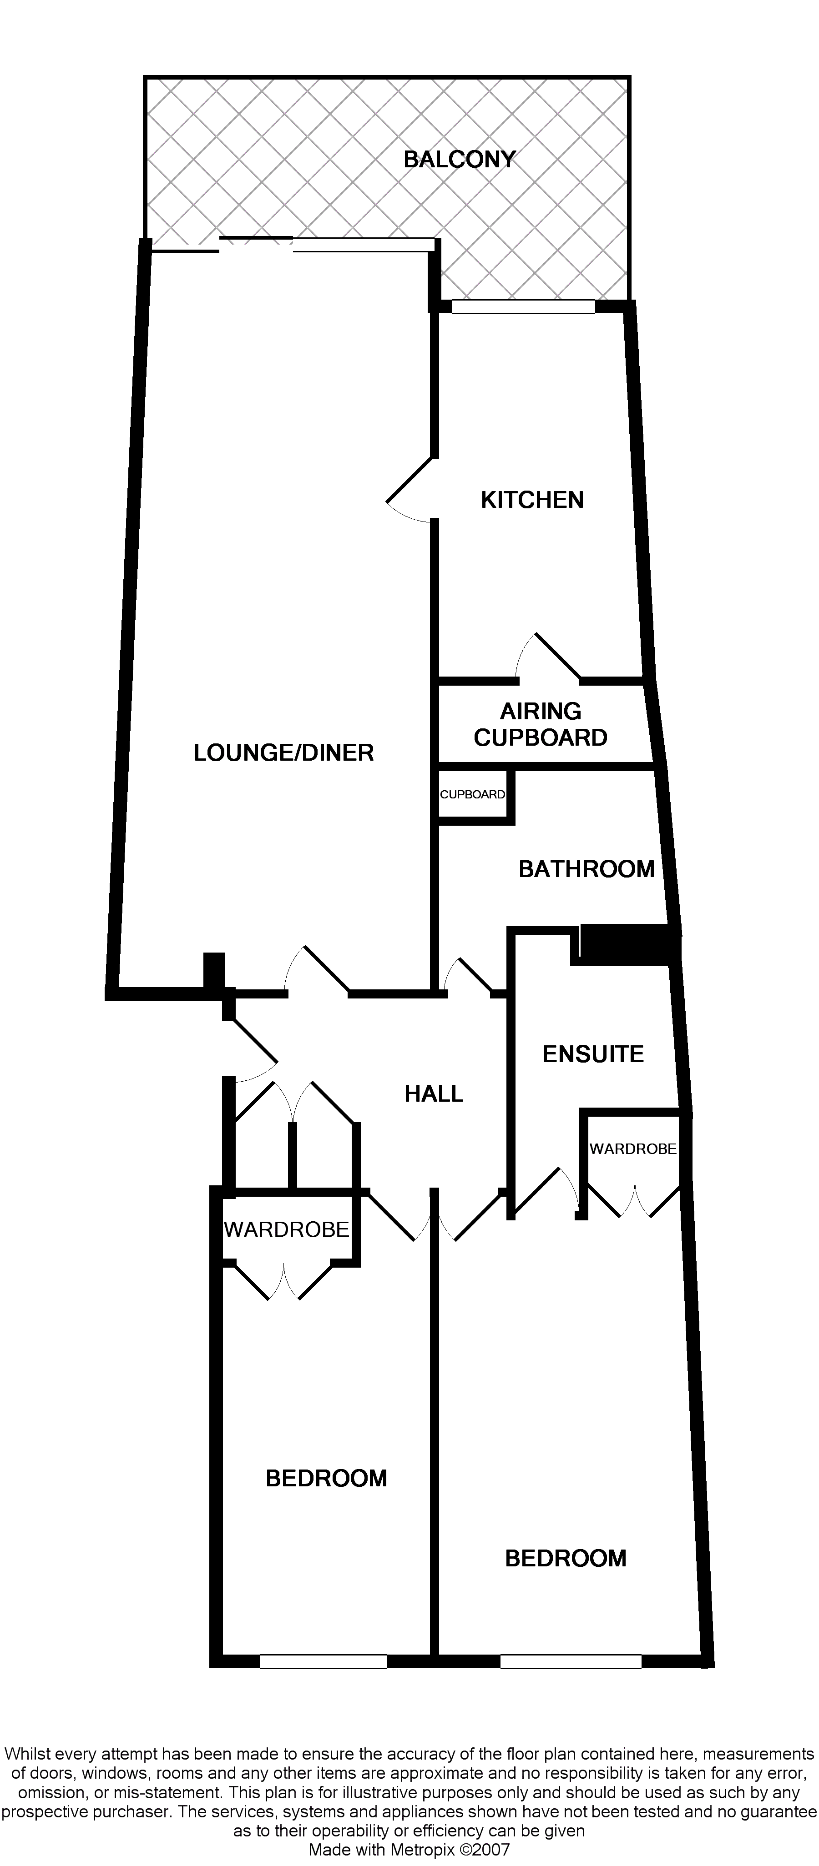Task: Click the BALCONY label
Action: pos(459,159)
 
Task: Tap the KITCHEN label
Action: pos(532,500)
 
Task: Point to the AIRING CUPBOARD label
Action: pos(540,724)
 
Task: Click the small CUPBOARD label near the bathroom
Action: pos(473,794)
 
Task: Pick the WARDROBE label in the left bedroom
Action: pos(286,1229)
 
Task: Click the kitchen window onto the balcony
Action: pos(523,307)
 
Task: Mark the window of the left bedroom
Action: pos(323,1662)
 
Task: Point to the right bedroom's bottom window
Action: pos(571,1662)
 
